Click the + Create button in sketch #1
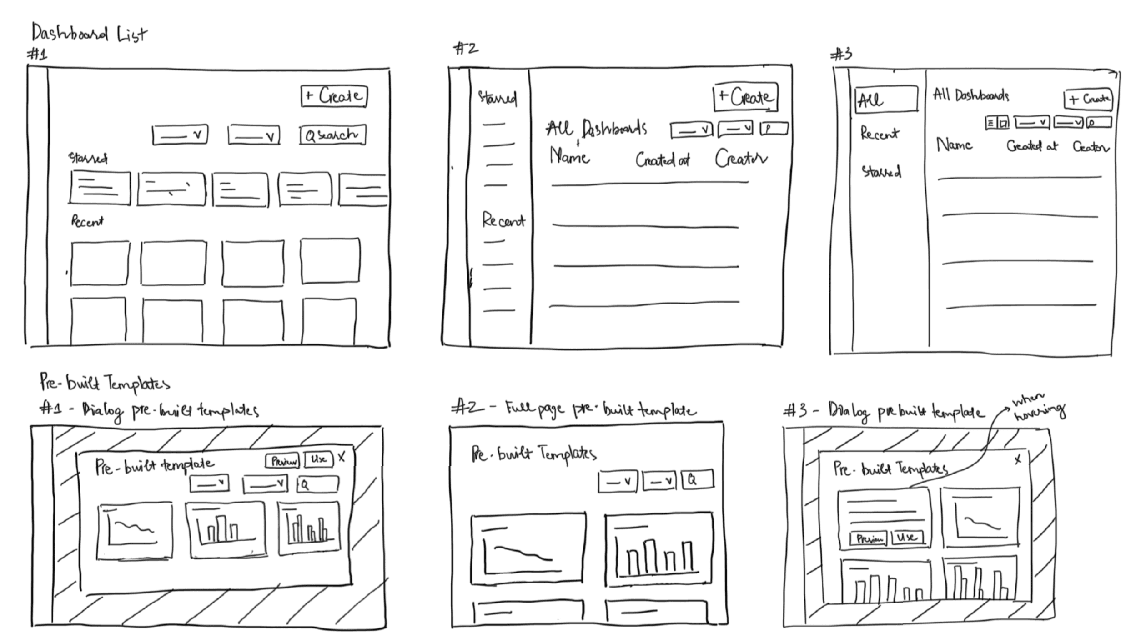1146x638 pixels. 334,96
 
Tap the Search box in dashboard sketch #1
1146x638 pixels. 332,135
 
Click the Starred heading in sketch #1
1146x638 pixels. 88,158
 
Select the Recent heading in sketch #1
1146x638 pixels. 87,221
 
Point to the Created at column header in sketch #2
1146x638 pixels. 662,159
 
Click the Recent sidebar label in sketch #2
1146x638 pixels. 503,220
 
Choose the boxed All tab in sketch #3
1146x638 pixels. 886,99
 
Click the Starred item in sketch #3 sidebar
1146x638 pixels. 881,171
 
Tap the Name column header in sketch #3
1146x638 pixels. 954,145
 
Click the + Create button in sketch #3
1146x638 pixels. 1088,100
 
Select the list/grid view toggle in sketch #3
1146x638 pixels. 997,123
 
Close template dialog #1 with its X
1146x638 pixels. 342,457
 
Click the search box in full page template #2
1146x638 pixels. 698,480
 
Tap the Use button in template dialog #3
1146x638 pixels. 907,538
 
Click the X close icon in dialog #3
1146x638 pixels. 1018,459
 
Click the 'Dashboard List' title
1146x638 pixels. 89,34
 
